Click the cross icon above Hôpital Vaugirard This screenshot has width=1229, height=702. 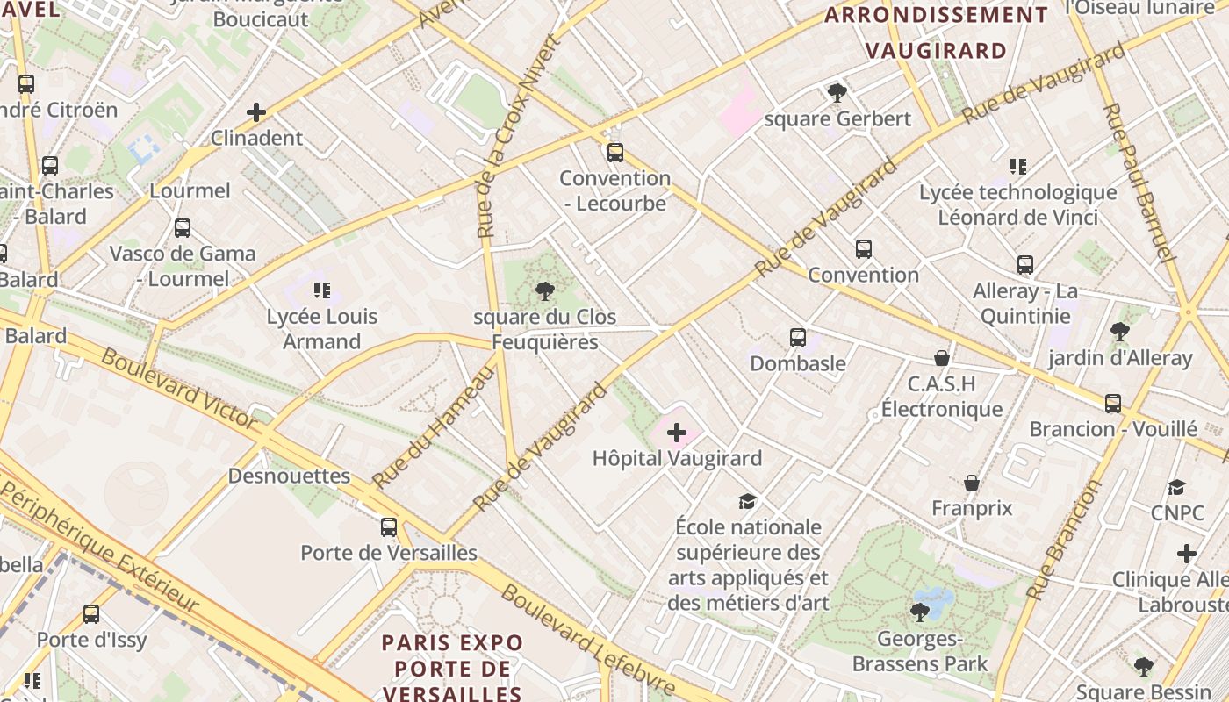677,433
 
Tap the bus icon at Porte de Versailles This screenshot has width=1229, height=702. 389,527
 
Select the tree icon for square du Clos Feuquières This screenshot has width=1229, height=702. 544,291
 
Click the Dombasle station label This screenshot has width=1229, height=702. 798,363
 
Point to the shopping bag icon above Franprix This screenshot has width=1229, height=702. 972,483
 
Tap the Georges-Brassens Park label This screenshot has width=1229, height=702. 920,651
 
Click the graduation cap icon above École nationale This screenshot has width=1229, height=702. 747,501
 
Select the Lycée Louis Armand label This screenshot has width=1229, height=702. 321,329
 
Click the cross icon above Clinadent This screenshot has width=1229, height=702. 256,112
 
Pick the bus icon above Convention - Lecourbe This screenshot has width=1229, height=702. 615,153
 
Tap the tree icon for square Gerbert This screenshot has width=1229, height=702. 837,92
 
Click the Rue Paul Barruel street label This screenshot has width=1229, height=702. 1138,183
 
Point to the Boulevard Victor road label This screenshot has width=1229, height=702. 179,388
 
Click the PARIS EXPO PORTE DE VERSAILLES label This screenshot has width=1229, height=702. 452,668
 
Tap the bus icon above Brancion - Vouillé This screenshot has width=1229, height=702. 1113,404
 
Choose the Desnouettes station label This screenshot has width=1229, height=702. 289,476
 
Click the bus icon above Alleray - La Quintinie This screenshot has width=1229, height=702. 1025,265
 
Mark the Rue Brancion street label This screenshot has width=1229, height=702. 1063,541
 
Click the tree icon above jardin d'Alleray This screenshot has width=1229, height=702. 1119,332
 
